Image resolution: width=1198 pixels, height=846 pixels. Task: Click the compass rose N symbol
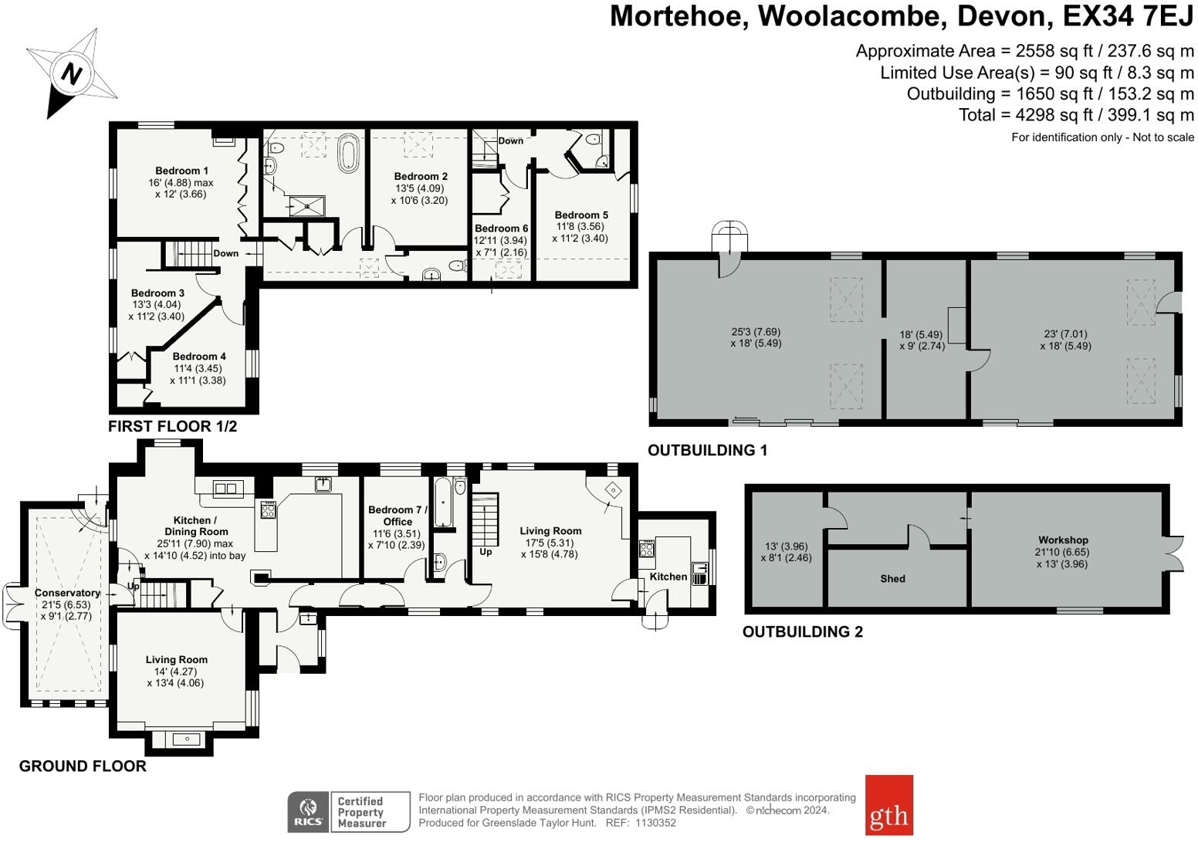coord(72,74)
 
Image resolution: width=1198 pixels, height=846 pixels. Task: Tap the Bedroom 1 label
coord(181,171)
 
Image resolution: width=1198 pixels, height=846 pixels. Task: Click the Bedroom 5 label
coord(580,215)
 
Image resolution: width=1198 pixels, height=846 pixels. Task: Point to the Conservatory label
coord(67,593)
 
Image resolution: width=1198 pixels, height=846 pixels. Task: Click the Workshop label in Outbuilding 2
coord(1062,540)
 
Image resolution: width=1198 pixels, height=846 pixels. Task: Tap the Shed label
coord(892,578)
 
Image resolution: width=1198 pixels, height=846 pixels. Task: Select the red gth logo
coord(888,805)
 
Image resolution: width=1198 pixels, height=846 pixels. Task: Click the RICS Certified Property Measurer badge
coord(348,812)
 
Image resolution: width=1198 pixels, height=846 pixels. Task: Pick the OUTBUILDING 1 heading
coord(707,450)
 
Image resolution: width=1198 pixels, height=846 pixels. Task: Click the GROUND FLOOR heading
coord(83,766)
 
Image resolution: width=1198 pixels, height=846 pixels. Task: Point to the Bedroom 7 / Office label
coord(398,515)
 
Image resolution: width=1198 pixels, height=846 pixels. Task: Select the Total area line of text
coord(1076,115)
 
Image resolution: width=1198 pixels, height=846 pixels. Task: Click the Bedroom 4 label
coord(199,356)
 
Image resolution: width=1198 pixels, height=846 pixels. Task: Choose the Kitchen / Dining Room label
coord(196,526)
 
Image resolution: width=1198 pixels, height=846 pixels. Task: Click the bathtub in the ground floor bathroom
coord(444,503)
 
